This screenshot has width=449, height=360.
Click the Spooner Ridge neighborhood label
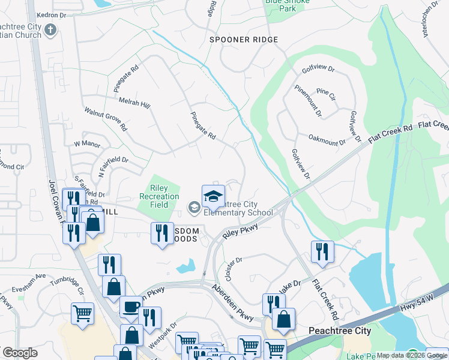(x=244, y=40)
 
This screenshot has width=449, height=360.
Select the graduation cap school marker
(x=213, y=196)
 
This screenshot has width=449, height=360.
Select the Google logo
(x=20, y=353)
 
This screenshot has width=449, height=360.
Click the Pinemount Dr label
(x=308, y=99)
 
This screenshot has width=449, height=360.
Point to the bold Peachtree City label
(x=339, y=331)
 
